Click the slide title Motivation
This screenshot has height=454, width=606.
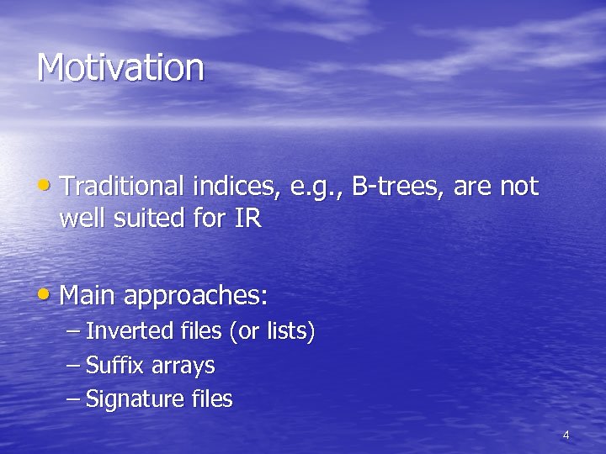(120, 68)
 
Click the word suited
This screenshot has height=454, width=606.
(150, 219)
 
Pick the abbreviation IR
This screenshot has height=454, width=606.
(245, 219)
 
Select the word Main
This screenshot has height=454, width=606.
(88, 296)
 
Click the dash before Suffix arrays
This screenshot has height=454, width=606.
(73, 367)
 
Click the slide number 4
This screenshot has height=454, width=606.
(566, 436)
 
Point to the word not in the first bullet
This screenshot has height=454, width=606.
(518, 187)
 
